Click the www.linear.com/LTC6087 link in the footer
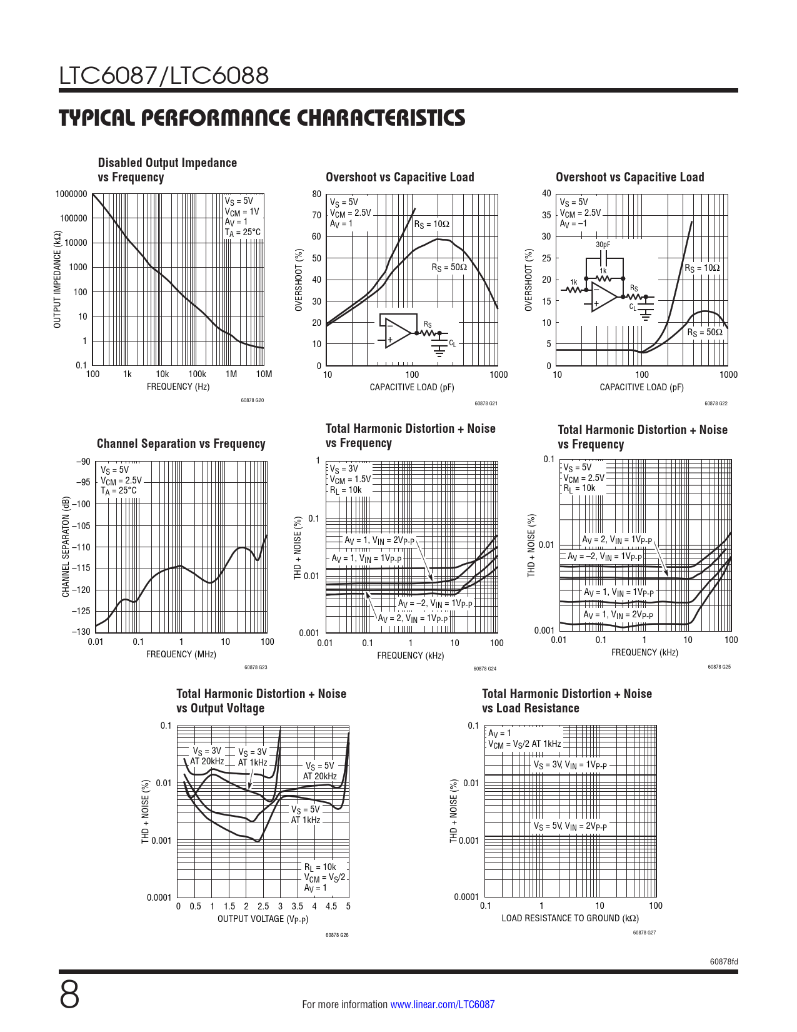(x=442, y=1004)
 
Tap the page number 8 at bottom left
(x=69, y=995)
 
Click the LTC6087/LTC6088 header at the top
(x=164, y=76)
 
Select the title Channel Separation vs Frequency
(x=181, y=443)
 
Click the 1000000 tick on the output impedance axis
(x=71, y=194)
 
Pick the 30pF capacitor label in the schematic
(x=603, y=245)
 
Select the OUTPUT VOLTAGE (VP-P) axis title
(x=263, y=919)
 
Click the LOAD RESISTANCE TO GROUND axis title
(x=569, y=918)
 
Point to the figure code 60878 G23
(x=255, y=668)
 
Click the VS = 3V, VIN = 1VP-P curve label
(x=569, y=765)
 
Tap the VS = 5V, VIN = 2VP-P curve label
(x=569, y=826)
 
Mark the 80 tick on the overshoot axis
(x=317, y=194)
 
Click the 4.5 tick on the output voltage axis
(x=331, y=906)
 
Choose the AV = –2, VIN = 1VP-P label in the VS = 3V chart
(x=435, y=604)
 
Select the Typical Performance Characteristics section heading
(x=262, y=118)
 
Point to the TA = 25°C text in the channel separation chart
(x=118, y=491)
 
